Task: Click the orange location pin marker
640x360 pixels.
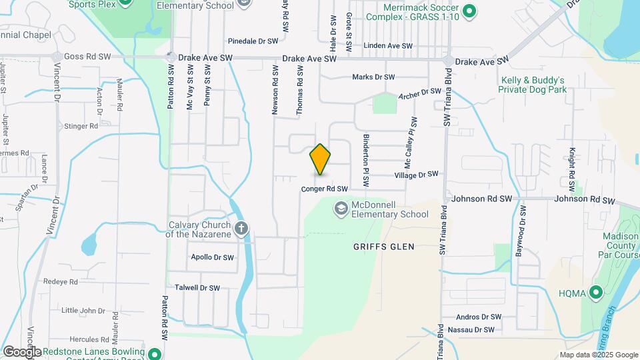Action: point(320,159)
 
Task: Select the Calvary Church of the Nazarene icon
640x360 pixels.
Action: point(241,229)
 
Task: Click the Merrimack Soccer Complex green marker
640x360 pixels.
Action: point(469,11)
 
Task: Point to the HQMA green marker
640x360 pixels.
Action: point(595,292)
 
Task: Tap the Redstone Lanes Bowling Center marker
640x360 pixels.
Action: point(155,354)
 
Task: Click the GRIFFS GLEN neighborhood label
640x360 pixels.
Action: point(383,247)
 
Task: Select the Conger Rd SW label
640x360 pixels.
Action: point(325,189)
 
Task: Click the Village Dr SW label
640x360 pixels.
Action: point(416,175)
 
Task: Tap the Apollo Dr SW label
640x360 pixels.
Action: point(212,257)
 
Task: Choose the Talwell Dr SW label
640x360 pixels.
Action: point(197,288)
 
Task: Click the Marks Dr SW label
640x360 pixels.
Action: point(373,77)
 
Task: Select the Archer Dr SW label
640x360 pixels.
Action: point(420,93)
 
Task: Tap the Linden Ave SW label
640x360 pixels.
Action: point(388,46)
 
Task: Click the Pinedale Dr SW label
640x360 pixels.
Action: point(253,41)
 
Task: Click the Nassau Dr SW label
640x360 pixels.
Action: point(471,329)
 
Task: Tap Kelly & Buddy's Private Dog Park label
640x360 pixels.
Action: point(533,84)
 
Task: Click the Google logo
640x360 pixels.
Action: point(21,352)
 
